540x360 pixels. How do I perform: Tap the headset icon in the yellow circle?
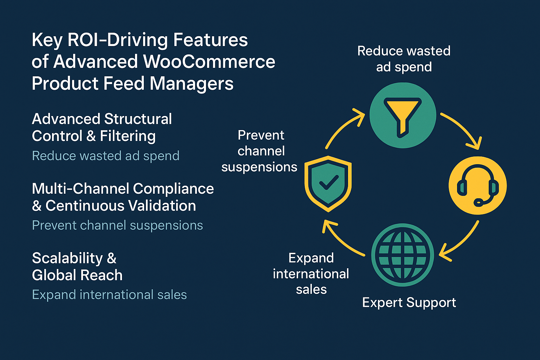[x=477, y=185]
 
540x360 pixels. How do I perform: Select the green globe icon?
[x=403, y=255]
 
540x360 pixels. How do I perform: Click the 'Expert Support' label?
[x=409, y=303]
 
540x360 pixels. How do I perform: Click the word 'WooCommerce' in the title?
[x=209, y=62]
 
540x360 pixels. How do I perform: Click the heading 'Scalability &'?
[x=74, y=258]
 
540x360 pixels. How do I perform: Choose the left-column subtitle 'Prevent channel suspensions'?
[x=117, y=225]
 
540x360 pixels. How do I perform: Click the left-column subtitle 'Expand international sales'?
[x=109, y=295]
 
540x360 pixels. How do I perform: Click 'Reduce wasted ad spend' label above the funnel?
[x=404, y=59]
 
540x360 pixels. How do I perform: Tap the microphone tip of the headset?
[x=478, y=202]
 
